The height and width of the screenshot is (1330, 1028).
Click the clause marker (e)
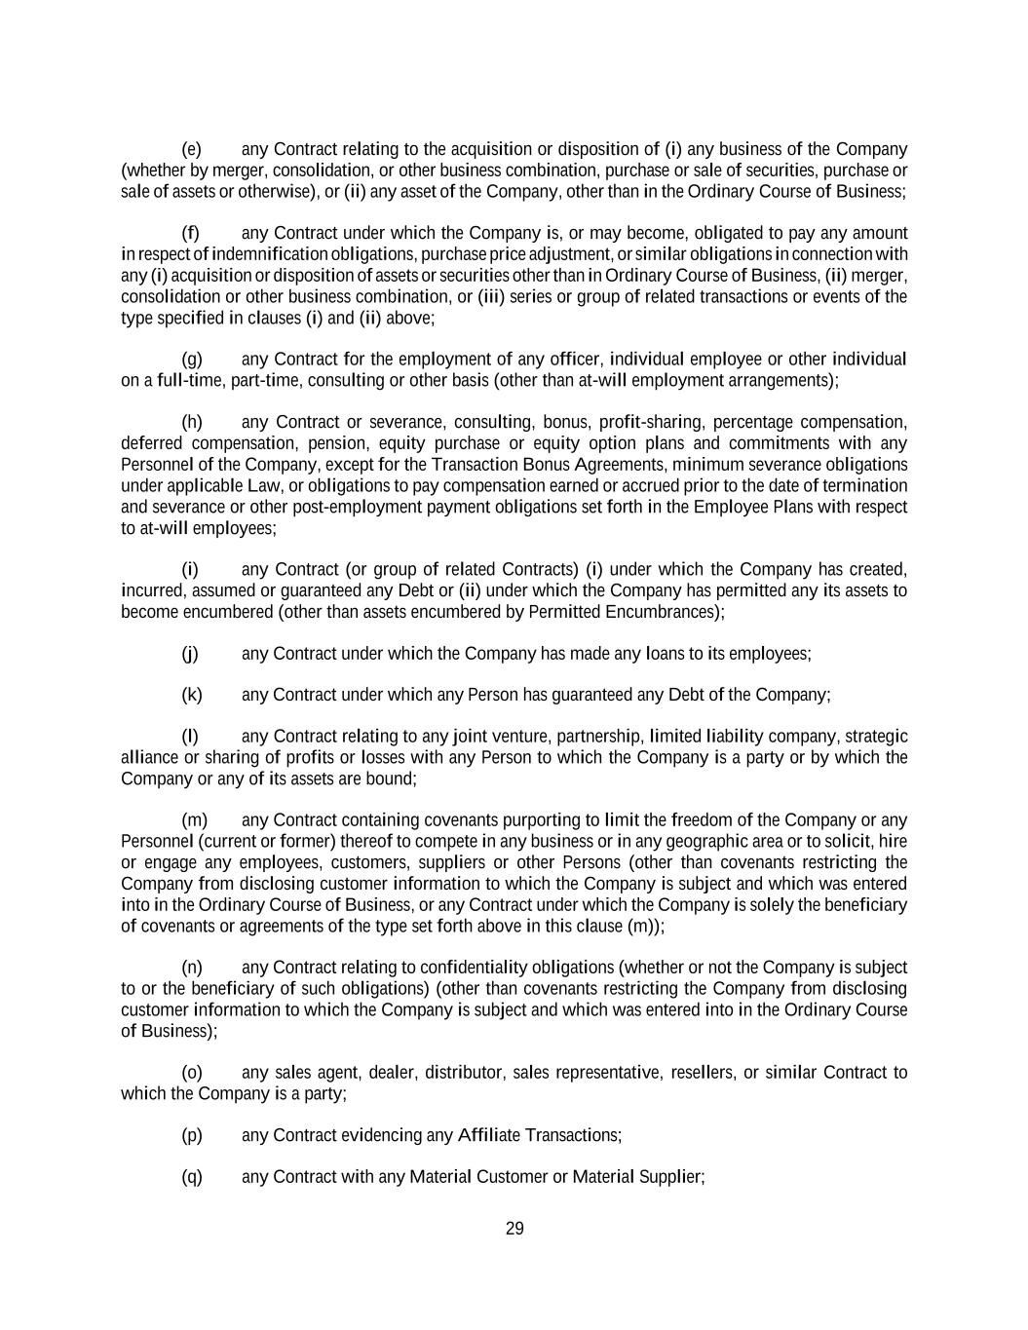pos(191,149)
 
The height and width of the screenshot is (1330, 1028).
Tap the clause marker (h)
pos(192,422)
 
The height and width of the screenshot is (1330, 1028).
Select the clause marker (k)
pos(191,695)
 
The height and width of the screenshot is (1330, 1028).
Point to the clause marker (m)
pos(194,820)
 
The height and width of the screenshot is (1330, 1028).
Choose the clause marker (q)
pos(192,1177)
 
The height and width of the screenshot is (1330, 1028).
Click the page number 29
pos(514,1229)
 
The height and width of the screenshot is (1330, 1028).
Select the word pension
pos(317,443)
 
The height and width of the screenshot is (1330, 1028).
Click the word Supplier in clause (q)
pos(669,1177)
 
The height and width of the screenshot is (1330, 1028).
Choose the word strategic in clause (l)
pos(875,737)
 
